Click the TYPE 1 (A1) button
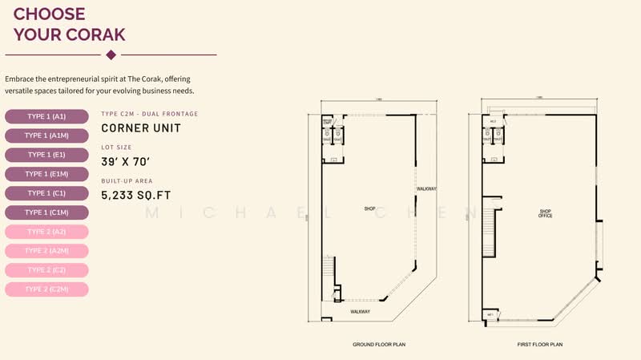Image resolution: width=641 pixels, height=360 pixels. [46, 116]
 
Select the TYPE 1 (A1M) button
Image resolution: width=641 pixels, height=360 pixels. [46, 136]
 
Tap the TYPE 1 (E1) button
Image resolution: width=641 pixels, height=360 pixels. [46, 155]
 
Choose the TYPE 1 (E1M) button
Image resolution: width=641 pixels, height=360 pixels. [46, 174]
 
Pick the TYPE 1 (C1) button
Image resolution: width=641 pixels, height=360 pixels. [46, 193]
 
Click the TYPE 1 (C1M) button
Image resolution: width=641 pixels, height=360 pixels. [46, 212]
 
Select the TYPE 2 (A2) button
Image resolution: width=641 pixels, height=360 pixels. [46, 232]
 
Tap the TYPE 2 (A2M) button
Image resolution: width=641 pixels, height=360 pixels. [46, 251]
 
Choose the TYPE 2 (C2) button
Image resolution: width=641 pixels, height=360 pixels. [46, 270]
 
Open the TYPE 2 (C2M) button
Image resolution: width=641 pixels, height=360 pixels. [46, 289]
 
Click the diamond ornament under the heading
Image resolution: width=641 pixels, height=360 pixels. [111, 55]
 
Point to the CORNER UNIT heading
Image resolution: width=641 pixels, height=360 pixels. [141, 127]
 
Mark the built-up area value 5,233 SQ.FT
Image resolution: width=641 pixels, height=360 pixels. [136, 195]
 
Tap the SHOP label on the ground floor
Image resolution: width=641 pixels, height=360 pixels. [369, 208]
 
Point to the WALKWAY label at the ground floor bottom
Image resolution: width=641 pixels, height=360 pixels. [360, 311]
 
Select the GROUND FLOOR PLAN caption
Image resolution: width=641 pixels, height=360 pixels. [379, 345]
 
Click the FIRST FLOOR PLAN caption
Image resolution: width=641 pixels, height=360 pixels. [540, 345]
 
